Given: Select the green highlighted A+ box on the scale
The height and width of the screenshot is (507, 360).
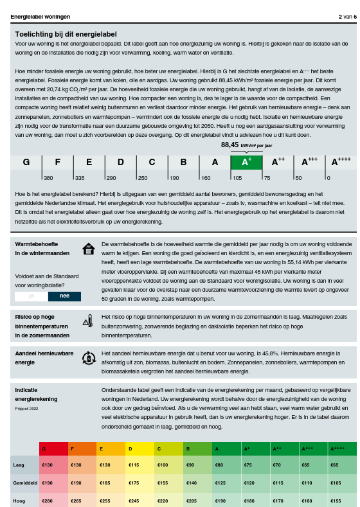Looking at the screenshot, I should (x=246, y=162).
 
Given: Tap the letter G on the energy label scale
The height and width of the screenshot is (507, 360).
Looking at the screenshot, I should (x=26, y=162).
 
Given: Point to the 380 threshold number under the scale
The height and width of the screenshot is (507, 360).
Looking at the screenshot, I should (x=48, y=177).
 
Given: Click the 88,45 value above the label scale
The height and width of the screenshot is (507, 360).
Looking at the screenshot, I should (x=230, y=145).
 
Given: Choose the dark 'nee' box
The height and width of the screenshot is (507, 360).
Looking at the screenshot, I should (x=64, y=296).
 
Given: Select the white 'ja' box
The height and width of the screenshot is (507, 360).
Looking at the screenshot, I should (x=31, y=296).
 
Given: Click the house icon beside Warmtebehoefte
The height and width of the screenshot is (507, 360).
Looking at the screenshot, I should (x=88, y=249).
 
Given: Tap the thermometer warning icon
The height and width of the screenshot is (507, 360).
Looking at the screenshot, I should (x=88, y=321).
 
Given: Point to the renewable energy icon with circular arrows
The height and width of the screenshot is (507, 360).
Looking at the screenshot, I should (x=88, y=358).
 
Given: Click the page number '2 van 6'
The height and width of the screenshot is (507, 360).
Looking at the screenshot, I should (x=347, y=16).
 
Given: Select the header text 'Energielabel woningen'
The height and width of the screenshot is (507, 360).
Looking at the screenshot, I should (x=40, y=16).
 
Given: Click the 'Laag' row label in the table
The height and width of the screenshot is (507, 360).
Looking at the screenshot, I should (x=19, y=465).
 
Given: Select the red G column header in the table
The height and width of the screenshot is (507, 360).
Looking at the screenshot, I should (x=53, y=449).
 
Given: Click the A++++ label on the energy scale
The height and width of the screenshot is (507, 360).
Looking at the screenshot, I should (x=340, y=162).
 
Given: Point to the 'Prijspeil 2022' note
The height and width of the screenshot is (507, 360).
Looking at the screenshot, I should (x=27, y=408).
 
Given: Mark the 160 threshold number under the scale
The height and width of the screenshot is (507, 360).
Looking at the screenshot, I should (x=206, y=177).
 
